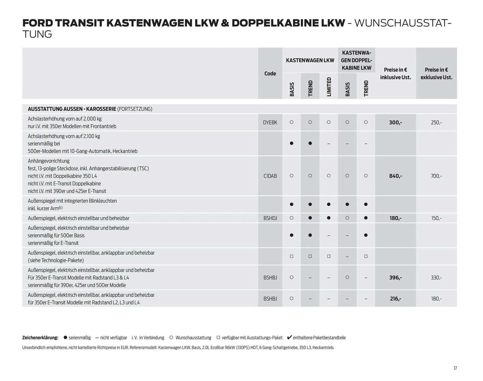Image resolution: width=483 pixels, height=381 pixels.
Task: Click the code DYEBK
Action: pyautogui.click(x=270, y=123)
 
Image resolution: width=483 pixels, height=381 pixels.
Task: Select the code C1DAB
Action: pyautogui.click(x=270, y=176)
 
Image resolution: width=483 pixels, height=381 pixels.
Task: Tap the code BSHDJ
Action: pyautogui.click(x=270, y=218)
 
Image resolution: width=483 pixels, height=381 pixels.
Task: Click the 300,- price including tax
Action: pyautogui.click(x=395, y=123)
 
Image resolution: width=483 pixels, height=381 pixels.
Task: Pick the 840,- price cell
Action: pyautogui.click(x=395, y=176)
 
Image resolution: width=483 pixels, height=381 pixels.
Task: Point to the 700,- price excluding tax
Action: pyautogui.click(x=436, y=176)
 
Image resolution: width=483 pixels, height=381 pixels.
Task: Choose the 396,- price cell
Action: pyautogui.click(x=395, y=278)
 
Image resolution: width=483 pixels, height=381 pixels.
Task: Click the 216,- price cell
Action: pyautogui.click(x=395, y=299)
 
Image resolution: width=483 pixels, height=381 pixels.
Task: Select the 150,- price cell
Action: pyautogui.click(x=436, y=218)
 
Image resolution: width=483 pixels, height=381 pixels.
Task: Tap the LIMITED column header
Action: pyautogui.click(x=329, y=87)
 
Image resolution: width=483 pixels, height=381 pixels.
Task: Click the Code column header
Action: pyautogui.click(x=270, y=73)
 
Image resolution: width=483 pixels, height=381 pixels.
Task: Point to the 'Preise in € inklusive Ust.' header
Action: pyautogui.click(x=395, y=73)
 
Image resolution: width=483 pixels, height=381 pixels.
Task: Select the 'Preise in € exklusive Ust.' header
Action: pyautogui.click(x=436, y=73)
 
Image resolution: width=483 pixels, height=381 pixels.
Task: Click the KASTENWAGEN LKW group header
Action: pyautogui.click(x=310, y=60)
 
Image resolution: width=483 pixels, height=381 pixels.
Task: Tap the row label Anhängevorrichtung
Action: pyautogui.click(x=49, y=161)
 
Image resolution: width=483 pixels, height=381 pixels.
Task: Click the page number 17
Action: pyautogui.click(x=455, y=368)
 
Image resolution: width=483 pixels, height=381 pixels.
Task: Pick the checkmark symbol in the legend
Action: pyautogui.click(x=290, y=337)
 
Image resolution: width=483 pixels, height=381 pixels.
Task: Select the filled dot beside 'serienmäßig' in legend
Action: pyautogui.click(x=65, y=337)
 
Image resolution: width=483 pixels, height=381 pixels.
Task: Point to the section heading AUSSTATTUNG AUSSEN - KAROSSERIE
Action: pyautogui.click(x=72, y=109)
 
